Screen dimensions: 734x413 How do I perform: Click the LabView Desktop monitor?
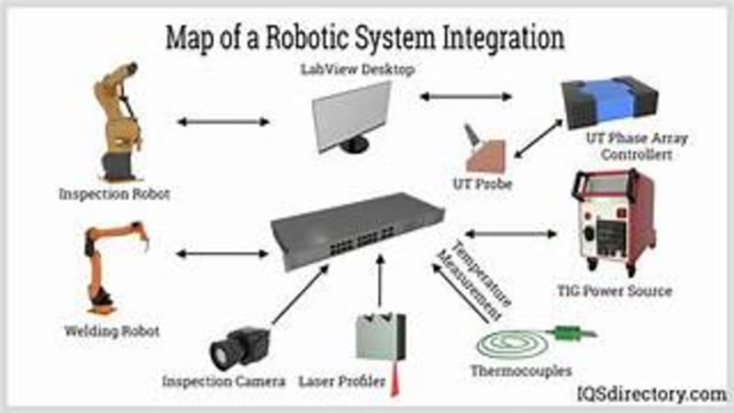point(352,116)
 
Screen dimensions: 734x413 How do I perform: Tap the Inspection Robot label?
point(115,195)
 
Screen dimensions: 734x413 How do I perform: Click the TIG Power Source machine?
point(612,226)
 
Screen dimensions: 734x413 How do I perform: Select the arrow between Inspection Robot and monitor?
point(223,121)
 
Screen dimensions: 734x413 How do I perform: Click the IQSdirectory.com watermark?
point(651,394)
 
